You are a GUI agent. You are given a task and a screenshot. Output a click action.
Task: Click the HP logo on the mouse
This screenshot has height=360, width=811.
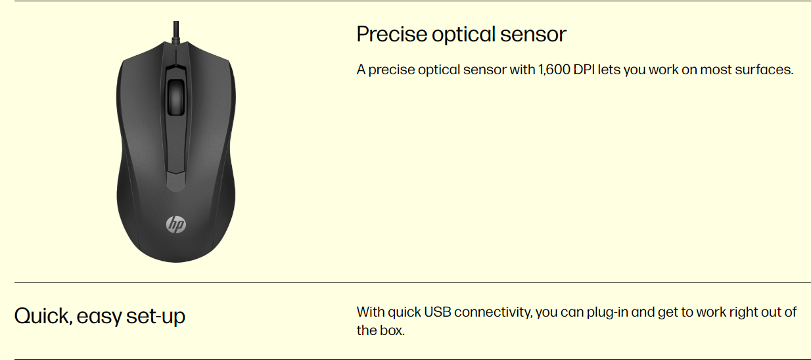[x=176, y=225]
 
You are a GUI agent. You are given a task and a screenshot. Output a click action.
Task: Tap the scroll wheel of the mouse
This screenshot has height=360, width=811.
[x=176, y=97]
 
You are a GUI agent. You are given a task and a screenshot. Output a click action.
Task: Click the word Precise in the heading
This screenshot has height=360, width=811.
[x=392, y=34]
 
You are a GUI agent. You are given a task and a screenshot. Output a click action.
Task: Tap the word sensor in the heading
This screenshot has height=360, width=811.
[x=533, y=35]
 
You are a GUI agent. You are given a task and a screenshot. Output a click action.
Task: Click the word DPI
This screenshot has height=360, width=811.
[x=584, y=70]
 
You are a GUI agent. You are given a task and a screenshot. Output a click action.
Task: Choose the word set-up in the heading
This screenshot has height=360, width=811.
[x=156, y=317]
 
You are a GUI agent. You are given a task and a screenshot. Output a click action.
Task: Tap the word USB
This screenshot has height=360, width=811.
[x=437, y=312]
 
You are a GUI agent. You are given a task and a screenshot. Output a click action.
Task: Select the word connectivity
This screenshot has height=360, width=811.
[x=494, y=313]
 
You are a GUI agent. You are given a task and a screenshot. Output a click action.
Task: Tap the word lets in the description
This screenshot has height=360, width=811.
[x=609, y=70]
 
